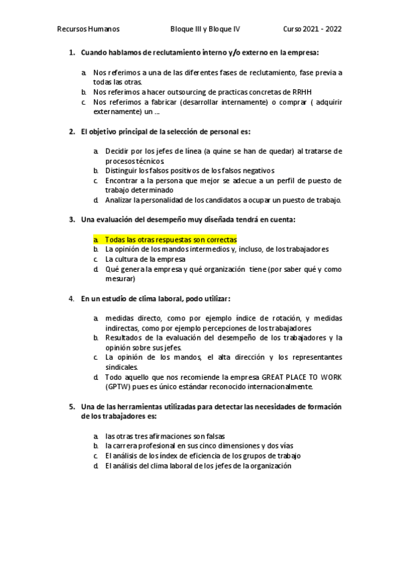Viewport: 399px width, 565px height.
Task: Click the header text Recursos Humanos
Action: [x=89, y=29]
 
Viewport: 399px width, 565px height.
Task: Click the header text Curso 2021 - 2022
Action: [x=312, y=29]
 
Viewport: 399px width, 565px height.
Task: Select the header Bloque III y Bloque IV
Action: [x=206, y=29]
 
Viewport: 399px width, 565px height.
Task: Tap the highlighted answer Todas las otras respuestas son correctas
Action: [x=171, y=239]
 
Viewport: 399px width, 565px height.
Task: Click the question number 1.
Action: [x=71, y=52]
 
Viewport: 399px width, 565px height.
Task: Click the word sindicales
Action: [x=121, y=366]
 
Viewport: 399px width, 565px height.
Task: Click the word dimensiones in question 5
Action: [x=231, y=445]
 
